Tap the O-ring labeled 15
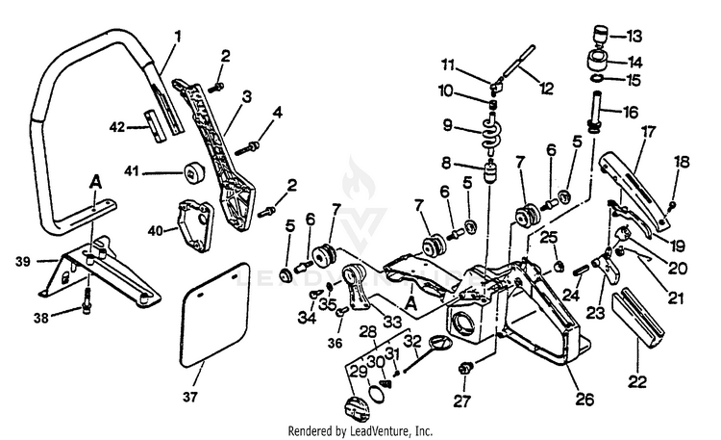[597, 79]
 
